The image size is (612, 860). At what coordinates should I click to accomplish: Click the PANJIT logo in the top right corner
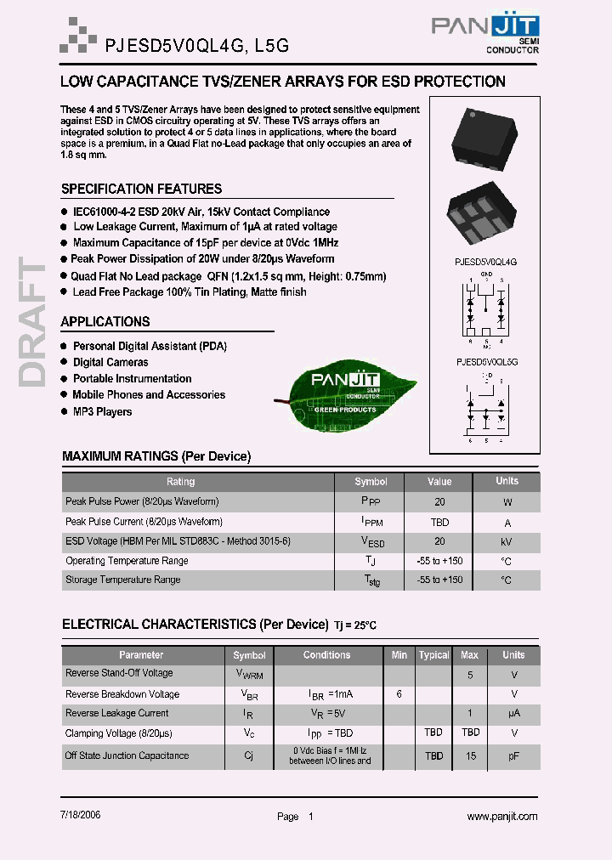point(484,34)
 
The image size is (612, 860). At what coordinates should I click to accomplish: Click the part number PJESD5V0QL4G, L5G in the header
point(196,48)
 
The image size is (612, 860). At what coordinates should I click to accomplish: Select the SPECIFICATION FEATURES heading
point(141,189)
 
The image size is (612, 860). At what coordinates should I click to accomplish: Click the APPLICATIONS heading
point(105,321)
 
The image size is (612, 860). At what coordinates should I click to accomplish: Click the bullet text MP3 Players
point(102,411)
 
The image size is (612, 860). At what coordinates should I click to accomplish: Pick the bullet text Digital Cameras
point(110,362)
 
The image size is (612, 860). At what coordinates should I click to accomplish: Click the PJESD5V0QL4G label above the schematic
point(486,263)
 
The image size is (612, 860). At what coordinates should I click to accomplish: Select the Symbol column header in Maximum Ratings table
point(371,481)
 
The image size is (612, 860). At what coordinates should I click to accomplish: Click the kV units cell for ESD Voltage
point(507,541)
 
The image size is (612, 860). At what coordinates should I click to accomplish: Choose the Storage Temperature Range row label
point(123,580)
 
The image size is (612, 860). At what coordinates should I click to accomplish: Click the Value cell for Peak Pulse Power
point(439,501)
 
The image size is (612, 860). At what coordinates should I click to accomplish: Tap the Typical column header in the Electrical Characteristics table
point(433,655)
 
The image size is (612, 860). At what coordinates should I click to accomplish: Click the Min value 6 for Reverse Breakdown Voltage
point(399,694)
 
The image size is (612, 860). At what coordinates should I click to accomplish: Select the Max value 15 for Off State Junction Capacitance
point(470,755)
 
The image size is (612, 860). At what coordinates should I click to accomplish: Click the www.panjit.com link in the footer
point(502,816)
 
